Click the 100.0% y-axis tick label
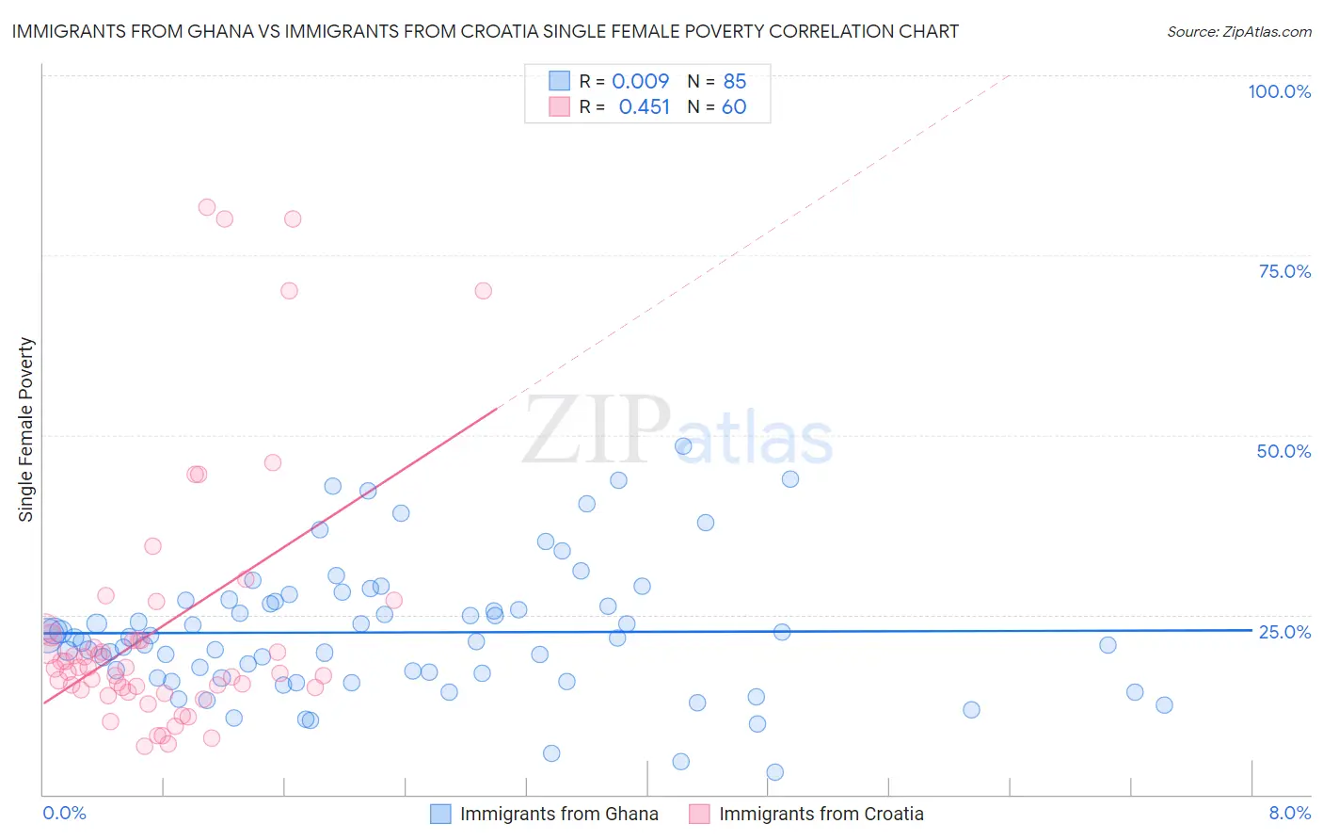click(x=1279, y=91)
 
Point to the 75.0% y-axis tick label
click(x=1284, y=271)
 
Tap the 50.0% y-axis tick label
click(x=1283, y=451)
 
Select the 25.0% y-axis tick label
click(x=1284, y=632)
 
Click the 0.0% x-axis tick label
click(x=64, y=813)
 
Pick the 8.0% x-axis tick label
click(x=1289, y=813)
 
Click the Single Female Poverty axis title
click(x=26, y=429)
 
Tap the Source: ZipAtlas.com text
click(x=1238, y=32)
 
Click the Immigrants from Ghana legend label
click(x=559, y=814)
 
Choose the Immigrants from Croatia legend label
click(x=821, y=814)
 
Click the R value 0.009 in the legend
click(x=640, y=82)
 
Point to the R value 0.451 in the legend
click(x=644, y=107)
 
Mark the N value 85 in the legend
click(x=735, y=82)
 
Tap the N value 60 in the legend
click(x=734, y=107)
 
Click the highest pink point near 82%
click(x=207, y=207)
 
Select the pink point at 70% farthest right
click(x=483, y=290)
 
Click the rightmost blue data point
click(x=1164, y=705)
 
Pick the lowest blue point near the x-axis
click(x=775, y=772)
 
